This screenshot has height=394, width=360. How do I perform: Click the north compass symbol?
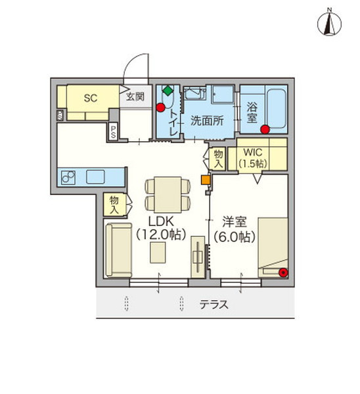click(x=329, y=24)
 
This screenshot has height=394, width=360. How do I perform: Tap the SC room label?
click(x=91, y=98)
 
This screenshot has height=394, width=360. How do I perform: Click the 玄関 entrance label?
click(x=135, y=97)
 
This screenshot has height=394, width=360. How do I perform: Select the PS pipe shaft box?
click(x=113, y=131)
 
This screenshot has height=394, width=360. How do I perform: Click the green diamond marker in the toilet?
click(x=168, y=91)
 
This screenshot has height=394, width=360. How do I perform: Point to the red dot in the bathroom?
click(x=265, y=129)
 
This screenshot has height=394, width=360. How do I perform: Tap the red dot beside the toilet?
click(x=161, y=108)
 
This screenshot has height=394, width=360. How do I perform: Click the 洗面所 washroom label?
click(x=207, y=121)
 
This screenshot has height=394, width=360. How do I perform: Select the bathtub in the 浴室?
click(x=277, y=108)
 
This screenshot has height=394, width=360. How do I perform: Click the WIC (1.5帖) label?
click(x=253, y=158)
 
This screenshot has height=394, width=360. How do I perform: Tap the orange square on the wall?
click(x=206, y=180)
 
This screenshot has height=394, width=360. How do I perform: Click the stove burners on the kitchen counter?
click(x=68, y=177)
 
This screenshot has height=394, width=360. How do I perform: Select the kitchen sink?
click(x=95, y=177)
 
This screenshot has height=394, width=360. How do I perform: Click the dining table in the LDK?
click(x=168, y=195)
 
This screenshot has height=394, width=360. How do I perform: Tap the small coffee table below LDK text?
click(x=158, y=253)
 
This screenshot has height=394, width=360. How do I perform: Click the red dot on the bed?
click(x=284, y=273)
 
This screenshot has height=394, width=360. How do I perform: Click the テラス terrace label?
click(x=214, y=305)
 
